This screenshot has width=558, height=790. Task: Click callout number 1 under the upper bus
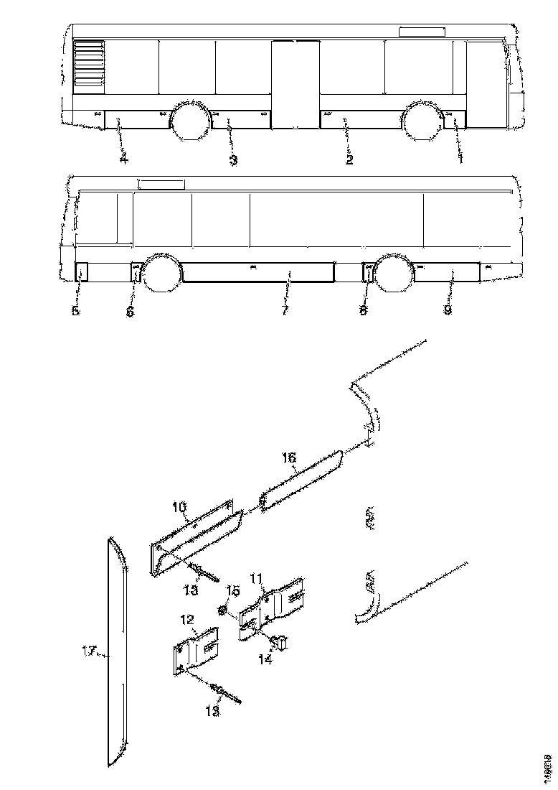pos(460,159)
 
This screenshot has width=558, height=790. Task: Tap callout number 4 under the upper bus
pos(123,159)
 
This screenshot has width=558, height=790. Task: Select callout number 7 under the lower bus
pos(285,311)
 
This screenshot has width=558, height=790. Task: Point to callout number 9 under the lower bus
pos(448,311)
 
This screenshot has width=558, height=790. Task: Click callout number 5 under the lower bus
pos(76,311)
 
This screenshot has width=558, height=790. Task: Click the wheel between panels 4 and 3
pos(189,121)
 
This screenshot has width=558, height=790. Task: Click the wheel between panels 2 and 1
pos(422,121)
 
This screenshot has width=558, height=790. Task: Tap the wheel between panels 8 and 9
pos(392,273)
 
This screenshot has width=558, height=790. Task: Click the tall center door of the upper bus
pos(295,84)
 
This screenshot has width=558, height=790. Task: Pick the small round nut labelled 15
pos(223,611)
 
